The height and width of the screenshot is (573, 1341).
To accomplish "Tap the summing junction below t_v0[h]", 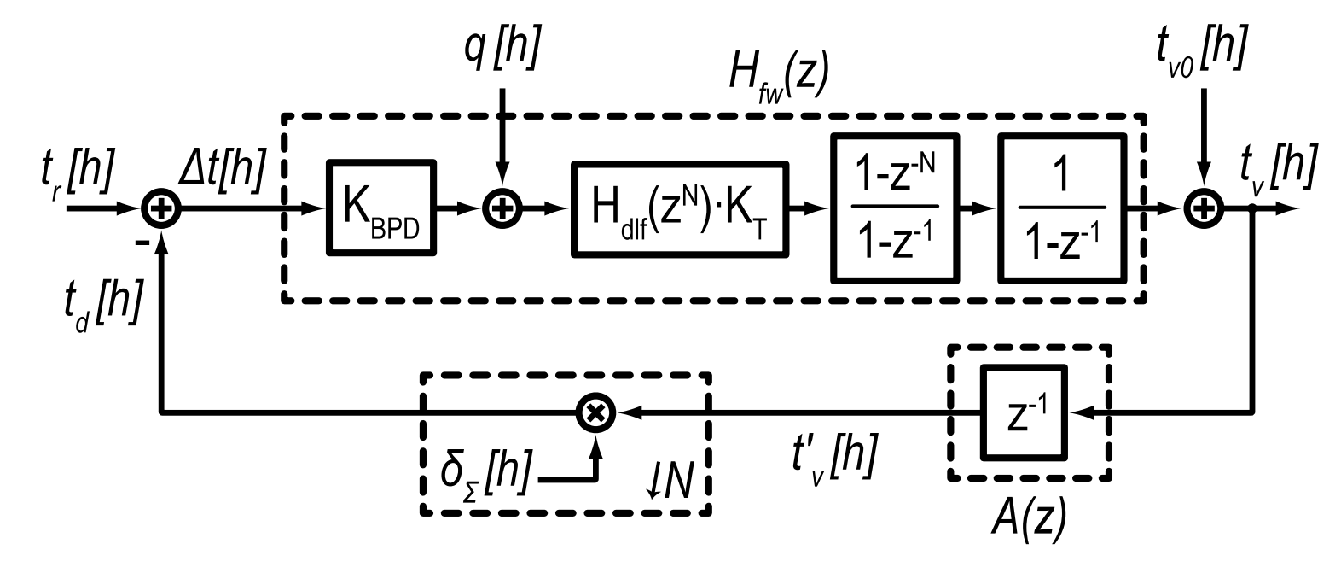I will pyautogui.click(x=1203, y=208).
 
